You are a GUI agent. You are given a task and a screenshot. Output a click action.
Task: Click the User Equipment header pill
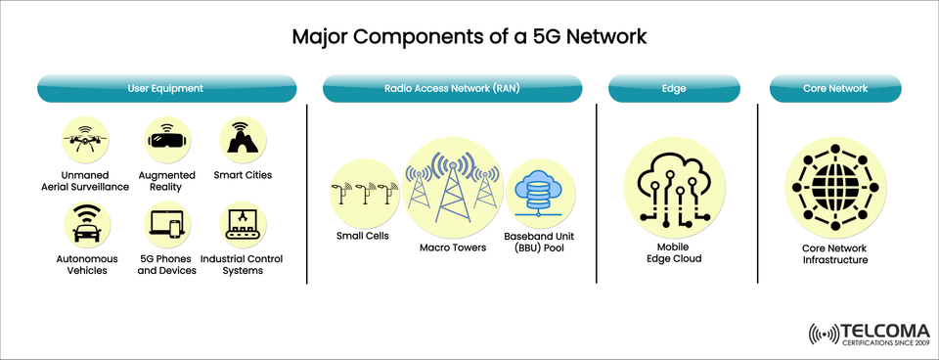coord(165,88)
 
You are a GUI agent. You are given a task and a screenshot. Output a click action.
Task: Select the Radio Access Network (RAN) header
coord(451,88)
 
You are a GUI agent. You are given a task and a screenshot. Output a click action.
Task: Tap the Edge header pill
coord(674,88)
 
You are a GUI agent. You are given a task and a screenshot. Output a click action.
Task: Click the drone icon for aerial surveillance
coord(83,140)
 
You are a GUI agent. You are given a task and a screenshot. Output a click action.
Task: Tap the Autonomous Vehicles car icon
coord(85,224)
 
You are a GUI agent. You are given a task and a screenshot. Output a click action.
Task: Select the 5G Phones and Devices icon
coord(166,224)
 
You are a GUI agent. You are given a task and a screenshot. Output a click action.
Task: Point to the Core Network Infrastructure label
coord(834,254)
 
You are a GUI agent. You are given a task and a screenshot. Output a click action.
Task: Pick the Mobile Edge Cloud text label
coord(673,252)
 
